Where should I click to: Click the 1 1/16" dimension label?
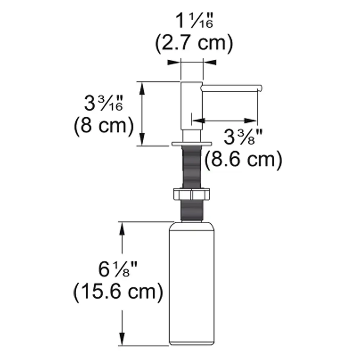[194, 21]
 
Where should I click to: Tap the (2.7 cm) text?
[194, 43]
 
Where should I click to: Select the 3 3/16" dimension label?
[104, 103]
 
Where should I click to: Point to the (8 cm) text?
[104, 126]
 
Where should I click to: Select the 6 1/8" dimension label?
[118, 269]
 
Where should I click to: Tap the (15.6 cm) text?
[118, 292]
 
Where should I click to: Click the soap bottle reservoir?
[192, 283]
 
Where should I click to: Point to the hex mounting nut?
[192, 194]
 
